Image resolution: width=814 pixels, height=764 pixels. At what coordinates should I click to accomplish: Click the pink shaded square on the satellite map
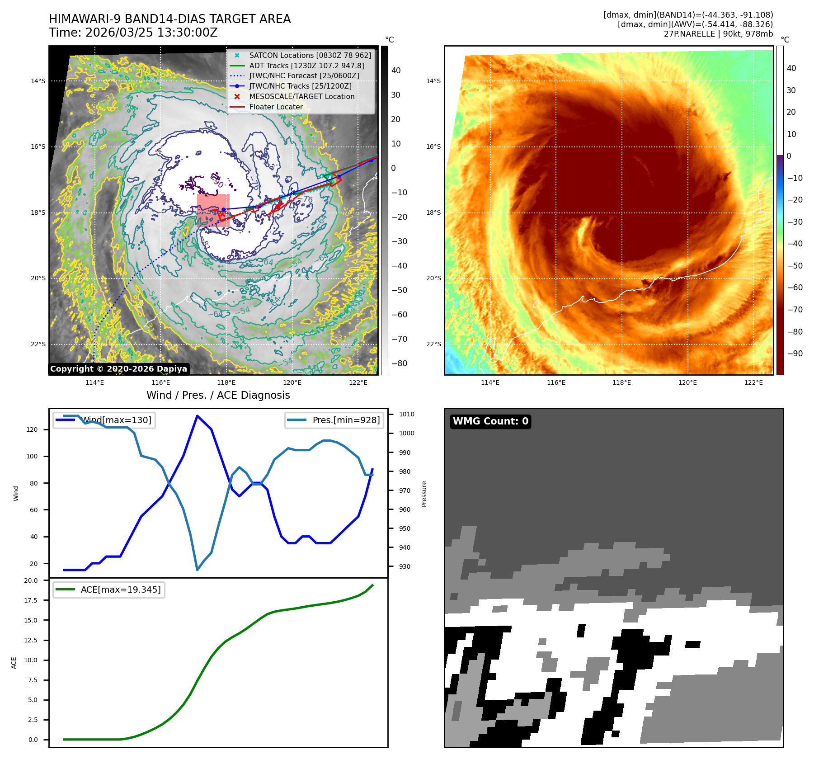[x=213, y=210]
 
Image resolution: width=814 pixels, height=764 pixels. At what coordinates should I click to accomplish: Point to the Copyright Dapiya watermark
[x=118, y=369]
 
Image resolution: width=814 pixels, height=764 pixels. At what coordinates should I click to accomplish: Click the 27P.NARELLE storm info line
[x=718, y=34]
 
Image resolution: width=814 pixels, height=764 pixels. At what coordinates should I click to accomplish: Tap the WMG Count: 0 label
[x=490, y=421]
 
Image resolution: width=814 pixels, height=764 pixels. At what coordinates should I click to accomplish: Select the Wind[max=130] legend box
[x=104, y=420]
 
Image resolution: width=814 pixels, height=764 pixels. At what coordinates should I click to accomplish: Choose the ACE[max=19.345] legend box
[x=108, y=590]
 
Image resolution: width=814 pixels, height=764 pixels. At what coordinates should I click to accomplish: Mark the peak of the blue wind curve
[x=197, y=415]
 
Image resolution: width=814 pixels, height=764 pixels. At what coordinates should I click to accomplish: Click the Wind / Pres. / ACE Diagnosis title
[x=218, y=395]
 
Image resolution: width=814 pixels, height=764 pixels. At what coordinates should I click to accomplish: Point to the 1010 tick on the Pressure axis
[x=406, y=414]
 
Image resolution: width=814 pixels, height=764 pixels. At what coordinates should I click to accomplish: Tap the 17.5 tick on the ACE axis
[x=31, y=600]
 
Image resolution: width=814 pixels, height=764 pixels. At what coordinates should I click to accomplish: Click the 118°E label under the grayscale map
[x=226, y=383]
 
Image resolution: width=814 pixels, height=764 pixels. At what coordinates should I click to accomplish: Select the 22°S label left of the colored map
[x=433, y=344]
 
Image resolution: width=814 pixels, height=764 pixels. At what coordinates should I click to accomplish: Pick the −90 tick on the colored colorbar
[x=795, y=354]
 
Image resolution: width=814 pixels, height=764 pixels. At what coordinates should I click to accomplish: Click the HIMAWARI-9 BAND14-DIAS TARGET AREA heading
[x=169, y=19]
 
